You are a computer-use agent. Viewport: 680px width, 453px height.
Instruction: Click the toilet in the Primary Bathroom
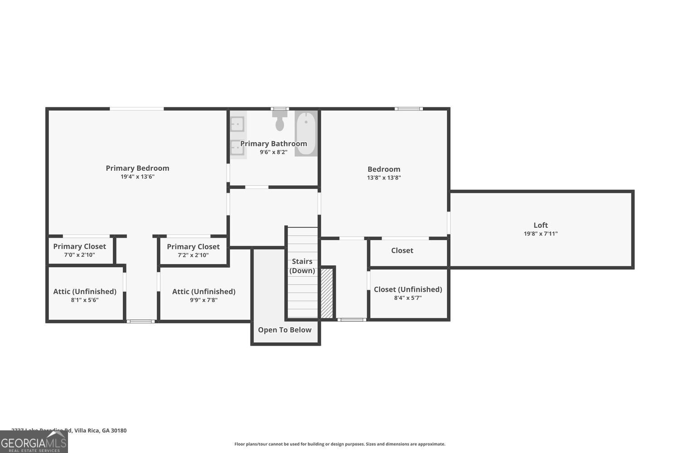pyautogui.click(x=280, y=120)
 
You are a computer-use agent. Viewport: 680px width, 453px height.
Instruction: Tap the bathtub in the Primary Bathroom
pyautogui.click(x=306, y=134)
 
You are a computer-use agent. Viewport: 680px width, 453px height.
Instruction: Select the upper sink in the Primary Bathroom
pyautogui.click(x=237, y=124)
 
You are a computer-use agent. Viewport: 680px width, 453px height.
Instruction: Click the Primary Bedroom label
pyautogui.click(x=137, y=168)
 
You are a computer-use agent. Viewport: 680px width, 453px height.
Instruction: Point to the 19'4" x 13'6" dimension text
pyautogui.click(x=137, y=177)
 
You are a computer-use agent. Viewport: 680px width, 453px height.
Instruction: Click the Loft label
pyautogui.click(x=540, y=225)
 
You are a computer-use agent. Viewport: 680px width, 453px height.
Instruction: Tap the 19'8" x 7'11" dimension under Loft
pyautogui.click(x=540, y=234)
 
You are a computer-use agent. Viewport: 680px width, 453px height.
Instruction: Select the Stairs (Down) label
pyautogui.click(x=302, y=266)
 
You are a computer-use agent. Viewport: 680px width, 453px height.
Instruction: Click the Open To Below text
pyautogui.click(x=285, y=330)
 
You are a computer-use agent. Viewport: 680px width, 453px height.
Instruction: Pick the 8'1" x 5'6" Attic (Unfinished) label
pyautogui.click(x=85, y=291)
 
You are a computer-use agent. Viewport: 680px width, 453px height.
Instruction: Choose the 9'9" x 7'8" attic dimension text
pyautogui.click(x=204, y=300)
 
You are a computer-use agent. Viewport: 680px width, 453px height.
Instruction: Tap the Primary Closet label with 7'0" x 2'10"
pyautogui.click(x=79, y=246)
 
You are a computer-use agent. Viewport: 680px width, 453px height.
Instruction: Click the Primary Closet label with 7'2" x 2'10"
pyautogui.click(x=193, y=247)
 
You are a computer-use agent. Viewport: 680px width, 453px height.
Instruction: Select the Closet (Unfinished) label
pyautogui.click(x=408, y=289)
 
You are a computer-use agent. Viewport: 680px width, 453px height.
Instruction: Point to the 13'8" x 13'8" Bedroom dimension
pyautogui.click(x=384, y=178)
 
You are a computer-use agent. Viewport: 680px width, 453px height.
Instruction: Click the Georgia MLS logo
pyautogui.click(x=34, y=442)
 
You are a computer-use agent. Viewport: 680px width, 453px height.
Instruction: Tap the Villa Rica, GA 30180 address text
pyautogui.click(x=100, y=430)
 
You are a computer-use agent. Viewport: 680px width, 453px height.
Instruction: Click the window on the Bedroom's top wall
pyautogui.click(x=408, y=109)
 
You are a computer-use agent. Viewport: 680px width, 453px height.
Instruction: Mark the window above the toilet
pyautogui.click(x=280, y=109)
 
